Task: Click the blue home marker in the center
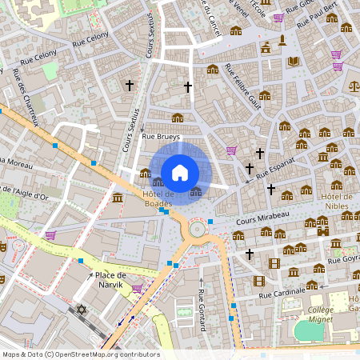tap(180, 172)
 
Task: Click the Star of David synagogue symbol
tap(81, 309)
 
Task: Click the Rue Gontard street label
tap(202, 309)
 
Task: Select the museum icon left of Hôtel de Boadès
tap(118, 198)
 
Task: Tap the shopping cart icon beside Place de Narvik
tap(137, 289)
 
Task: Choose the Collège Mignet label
tap(320, 314)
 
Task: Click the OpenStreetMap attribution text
tap(80, 354)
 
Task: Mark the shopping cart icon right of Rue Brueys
tap(231, 150)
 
